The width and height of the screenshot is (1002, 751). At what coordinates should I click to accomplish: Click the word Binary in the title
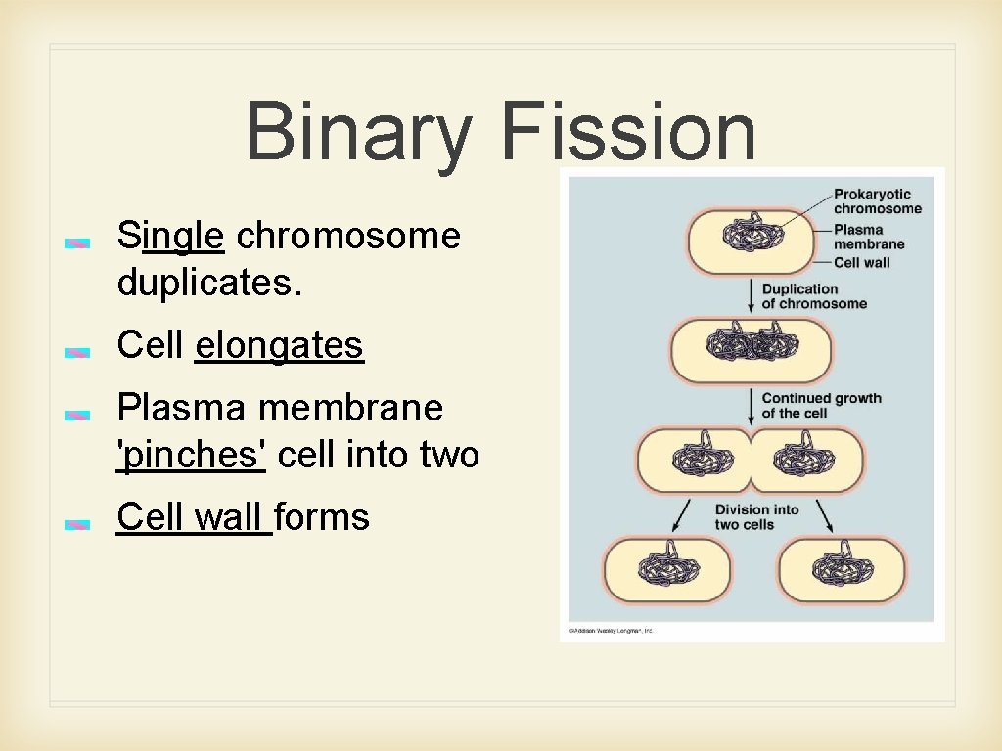[357, 132]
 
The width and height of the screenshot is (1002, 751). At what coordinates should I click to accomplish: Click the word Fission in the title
[628, 132]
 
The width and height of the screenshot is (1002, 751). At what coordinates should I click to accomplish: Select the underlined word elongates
[279, 345]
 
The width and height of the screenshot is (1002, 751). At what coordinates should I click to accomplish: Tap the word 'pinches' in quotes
[191, 455]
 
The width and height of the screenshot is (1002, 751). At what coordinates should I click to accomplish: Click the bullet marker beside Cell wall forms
[78, 524]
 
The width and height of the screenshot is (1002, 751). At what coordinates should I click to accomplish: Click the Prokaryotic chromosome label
[877, 200]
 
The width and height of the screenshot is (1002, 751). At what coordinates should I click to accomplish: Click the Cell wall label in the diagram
[862, 262]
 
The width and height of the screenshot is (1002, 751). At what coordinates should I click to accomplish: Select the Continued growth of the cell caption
[821, 405]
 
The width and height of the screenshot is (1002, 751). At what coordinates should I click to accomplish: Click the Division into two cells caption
[756, 516]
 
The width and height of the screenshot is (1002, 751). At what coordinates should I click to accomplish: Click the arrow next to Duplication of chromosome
[750, 295]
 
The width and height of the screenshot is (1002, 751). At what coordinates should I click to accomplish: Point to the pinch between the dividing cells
[751, 462]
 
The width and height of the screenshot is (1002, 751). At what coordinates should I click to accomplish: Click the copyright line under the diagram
[612, 631]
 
